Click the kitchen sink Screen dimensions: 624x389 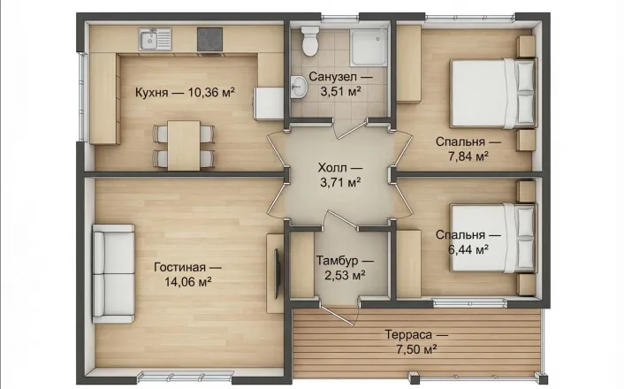(x=155, y=39)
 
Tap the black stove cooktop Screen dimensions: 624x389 (x=209, y=40)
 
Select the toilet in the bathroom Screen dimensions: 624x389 (x=310, y=41)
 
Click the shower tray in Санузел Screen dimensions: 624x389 (x=368, y=47)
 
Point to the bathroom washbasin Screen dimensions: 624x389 (x=298, y=87)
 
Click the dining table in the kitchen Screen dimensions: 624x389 (x=184, y=146)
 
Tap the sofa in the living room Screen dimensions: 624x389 (x=113, y=273)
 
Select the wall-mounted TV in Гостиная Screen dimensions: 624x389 (x=277, y=274)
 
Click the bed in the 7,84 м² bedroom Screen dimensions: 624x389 (x=493, y=93)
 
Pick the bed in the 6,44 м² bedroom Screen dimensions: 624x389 (x=493, y=238)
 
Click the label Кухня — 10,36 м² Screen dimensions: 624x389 (x=185, y=92)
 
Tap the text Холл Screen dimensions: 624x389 (x=332, y=167)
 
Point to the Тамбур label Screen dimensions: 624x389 (x=338, y=261)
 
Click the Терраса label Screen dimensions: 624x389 (x=408, y=334)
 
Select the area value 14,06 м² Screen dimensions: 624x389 (x=188, y=282)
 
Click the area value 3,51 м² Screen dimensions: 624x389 (x=340, y=91)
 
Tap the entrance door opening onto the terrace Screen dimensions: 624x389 (x=339, y=315)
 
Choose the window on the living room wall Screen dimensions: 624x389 (x=186, y=376)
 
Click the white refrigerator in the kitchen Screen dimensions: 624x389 (x=269, y=103)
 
